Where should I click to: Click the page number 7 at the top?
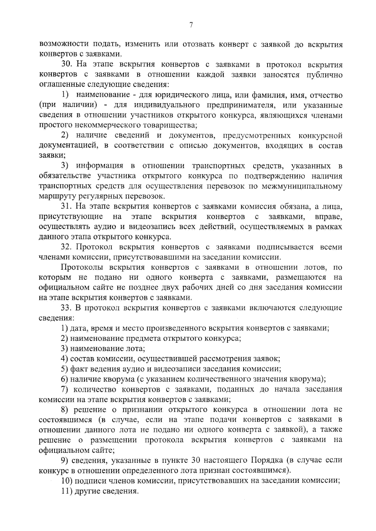coord(191,25)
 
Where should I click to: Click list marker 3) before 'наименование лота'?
coord(64,348)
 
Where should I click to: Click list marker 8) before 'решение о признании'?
coord(64,409)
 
